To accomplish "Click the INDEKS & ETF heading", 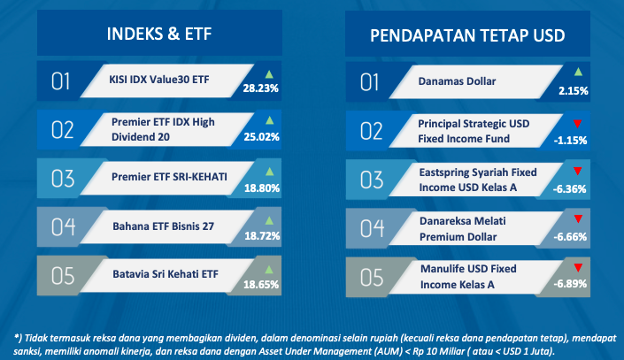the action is (x=159, y=34).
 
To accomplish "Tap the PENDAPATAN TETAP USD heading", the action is (x=467, y=35).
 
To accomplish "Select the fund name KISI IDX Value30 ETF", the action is (x=159, y=80).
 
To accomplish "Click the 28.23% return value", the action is (x=260, y=88).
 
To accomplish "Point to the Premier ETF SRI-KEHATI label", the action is (x=169, y=177).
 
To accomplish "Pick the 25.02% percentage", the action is (x=261, y=137).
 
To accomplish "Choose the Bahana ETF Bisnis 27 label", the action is (x=163, y=226).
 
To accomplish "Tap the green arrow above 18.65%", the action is (x=269, y=270).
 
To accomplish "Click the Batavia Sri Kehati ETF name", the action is (x=166, y=274).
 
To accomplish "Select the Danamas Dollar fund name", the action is (x=457, y=81).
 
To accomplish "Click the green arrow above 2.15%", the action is (x=578, y=72).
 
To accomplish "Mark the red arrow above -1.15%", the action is (x=577, y=124).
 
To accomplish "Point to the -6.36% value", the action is (x=569, y=189).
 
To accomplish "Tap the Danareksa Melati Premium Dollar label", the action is (x=462, y=229).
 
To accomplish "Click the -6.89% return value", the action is (x=570, y=284).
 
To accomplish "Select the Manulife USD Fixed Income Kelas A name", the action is (x=468, y=277).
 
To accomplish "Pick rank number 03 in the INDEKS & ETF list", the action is (x=63, y=179).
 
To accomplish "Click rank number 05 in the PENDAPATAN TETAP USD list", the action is (x=372, y=277).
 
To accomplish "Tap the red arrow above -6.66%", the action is (x=578, y=218).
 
